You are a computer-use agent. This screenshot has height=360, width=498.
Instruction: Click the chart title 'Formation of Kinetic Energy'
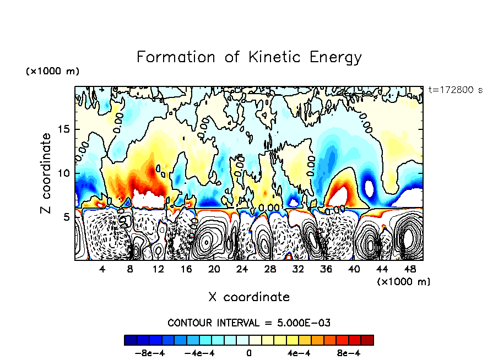point(249,57)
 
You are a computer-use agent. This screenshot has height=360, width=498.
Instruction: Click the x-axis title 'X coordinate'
point(249,297)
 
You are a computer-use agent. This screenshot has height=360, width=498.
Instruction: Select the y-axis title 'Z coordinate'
point(46,173)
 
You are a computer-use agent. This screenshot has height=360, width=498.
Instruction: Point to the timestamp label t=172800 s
point(455,90)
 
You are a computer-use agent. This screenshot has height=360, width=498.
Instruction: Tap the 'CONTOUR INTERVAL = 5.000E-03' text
point(249,323)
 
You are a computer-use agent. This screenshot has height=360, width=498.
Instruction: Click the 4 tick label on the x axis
point(102,269)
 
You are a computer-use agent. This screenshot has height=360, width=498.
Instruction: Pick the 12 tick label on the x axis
point(158,269)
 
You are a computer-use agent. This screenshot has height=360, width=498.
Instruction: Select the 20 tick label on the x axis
point(214,269)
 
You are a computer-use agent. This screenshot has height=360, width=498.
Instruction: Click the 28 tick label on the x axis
point(270,269)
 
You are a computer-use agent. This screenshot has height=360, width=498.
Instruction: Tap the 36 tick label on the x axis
point(326,269)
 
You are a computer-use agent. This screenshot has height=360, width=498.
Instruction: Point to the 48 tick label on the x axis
point(410,269)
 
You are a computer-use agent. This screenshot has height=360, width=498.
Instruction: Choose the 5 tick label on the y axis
point(67,217)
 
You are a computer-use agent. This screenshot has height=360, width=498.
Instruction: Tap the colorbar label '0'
point(249,353)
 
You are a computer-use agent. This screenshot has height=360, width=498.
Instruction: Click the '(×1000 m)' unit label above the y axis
point(52,72)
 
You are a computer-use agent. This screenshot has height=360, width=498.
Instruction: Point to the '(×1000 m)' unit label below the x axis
point(404,281)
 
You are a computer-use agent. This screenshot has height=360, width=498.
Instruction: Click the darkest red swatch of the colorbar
point(367,340)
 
